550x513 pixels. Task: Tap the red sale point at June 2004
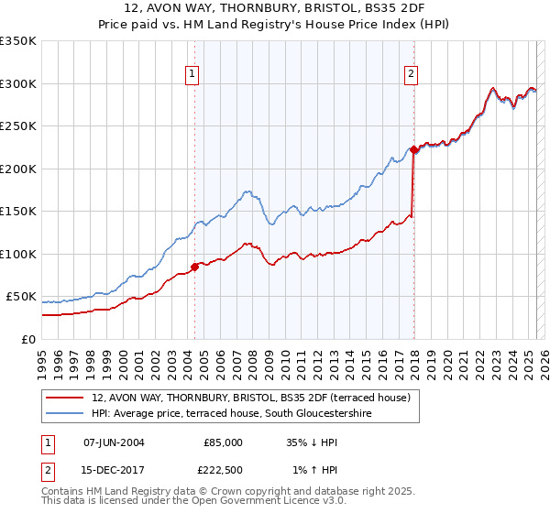click(x=194, y=267)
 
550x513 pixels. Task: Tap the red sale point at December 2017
click(x=413, y=149)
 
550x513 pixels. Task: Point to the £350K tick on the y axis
click(x=18, y=41)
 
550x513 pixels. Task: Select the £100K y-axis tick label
click(x=18, y=255)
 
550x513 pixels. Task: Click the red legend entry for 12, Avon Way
click(x=257, y=398)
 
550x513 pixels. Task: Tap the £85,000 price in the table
click(x=223, y=442)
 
